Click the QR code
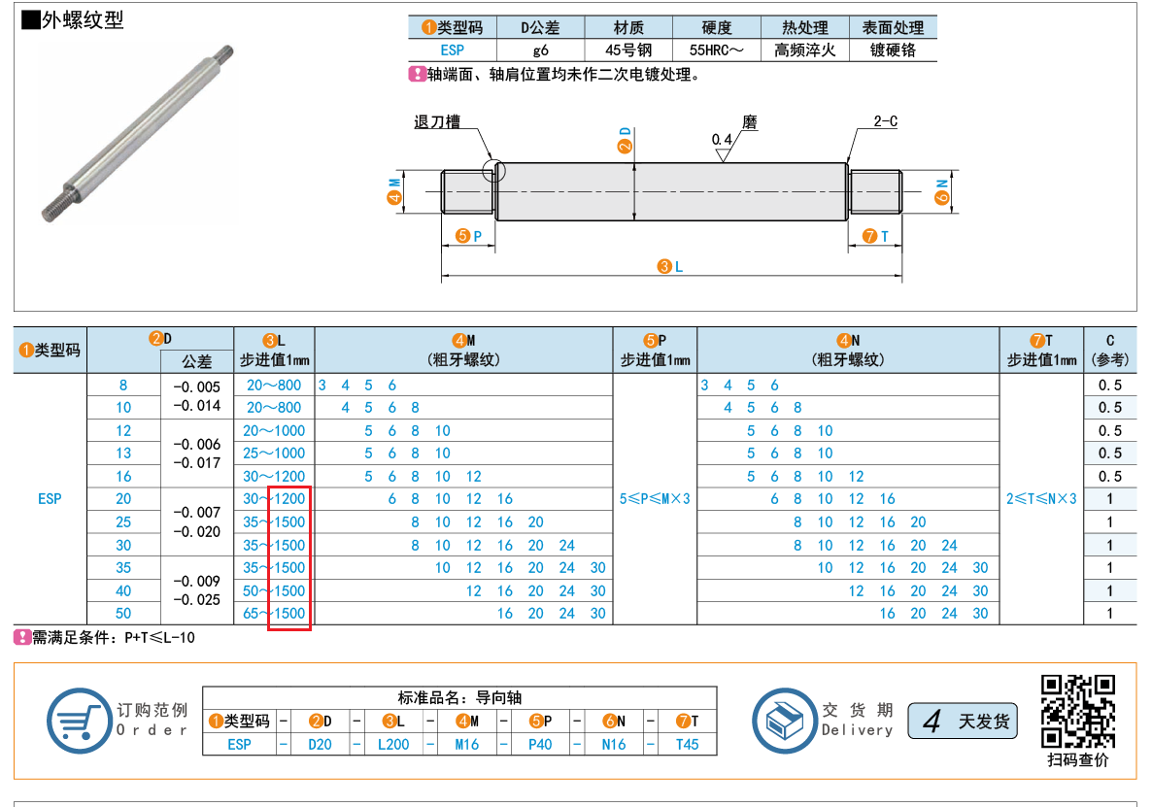[1078, 711]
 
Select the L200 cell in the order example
[393, 745]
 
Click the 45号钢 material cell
[628, 50]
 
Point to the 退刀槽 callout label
[437, 122]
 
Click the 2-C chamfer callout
[885, 121]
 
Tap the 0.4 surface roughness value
[722, 140]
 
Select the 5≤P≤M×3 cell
[655, 499]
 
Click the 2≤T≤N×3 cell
[1041, 499]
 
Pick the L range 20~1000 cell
[274, 431]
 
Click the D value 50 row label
[123, 613]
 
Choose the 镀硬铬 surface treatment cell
[893, 50]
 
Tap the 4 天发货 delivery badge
[963, 722]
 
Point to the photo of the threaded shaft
[138, 133]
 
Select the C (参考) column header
[1110, 351]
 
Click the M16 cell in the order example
[466, 745]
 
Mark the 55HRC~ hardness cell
[716, 50]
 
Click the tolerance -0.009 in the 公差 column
[197, 581]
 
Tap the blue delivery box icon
[784, 721]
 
